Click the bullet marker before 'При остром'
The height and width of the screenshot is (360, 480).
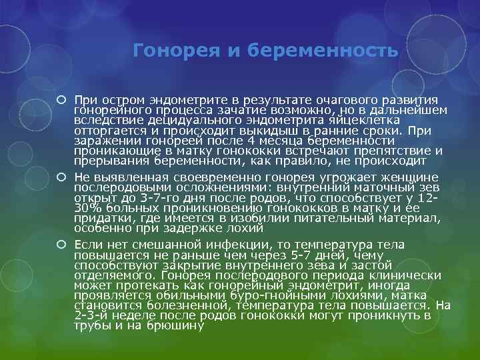coord(61,99)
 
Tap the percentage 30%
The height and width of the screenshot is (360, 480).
coord(87,209)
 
